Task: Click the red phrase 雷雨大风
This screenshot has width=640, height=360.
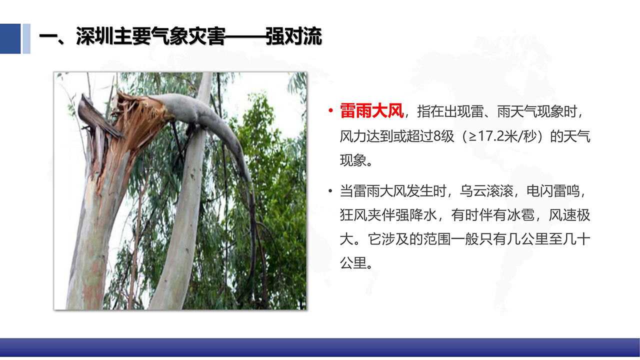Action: pyautogui.click(x=371, y=111)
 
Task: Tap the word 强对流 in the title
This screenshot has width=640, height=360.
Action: pyautogui.click(x=293, y=36)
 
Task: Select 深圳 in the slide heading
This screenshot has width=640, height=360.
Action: pyautogui.click(x=94, y=36)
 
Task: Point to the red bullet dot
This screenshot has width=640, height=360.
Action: pyautogui.click(x=330, y=110)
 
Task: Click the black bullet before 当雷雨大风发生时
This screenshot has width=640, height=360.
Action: pyautogui.click(x=330, y=191)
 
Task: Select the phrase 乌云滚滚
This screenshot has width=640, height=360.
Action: pyautogui.click(x=486, y=191)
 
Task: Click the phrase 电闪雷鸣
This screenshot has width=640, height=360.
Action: pyautogui.click(x=553, y=191)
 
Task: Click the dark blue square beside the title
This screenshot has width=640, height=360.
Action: pyautogui.click(x=10, y=38)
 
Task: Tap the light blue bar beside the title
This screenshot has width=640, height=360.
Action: pyautogui.click(x=26, y=38)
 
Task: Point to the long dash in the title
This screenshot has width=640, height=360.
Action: pyautogui.click(x=245, y=36)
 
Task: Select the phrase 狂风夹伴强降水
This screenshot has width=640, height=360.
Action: pyautogui.click(x=388, y=215)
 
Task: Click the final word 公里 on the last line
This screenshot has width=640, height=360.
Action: pyautogui.click(x=353, y=263)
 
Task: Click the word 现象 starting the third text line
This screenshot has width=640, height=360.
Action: pyautogui.click(x=353, y=160)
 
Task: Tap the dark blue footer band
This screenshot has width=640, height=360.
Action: pyautogui.click(x=320, y=347)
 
